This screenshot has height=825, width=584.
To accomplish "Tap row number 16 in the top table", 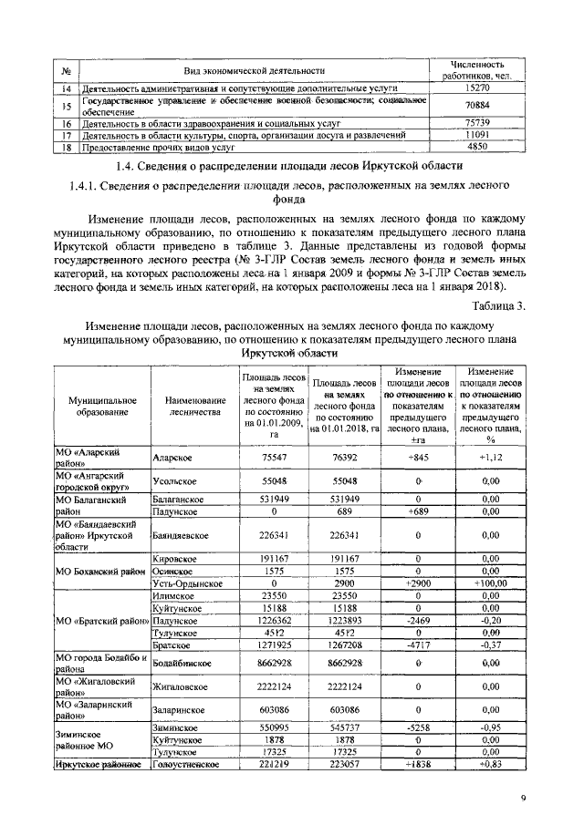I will [x=66, y=122].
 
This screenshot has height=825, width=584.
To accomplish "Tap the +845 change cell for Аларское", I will [x=415, y=457].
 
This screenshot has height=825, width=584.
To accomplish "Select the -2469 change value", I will [x=415, y=620].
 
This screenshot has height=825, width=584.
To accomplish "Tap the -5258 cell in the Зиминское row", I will [x=415, y=728].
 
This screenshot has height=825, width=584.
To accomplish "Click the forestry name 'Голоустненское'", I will [x=187, y=766].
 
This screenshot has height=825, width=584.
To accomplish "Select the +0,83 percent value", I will [x=491, y=766].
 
